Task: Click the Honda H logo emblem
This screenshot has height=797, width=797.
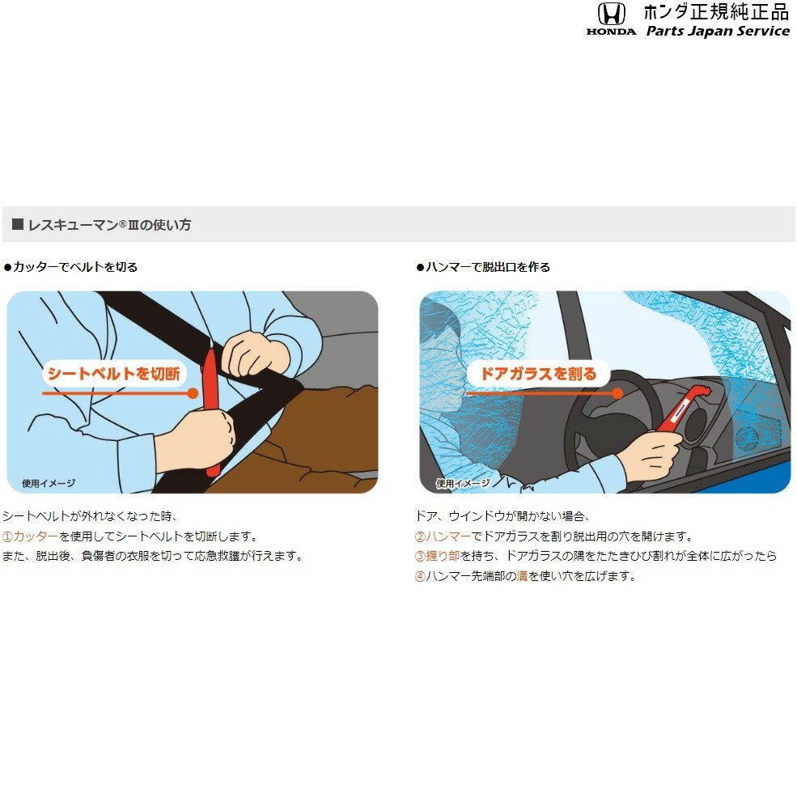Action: [x=611, y=14]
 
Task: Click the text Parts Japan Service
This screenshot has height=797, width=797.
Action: [x=718, y=31]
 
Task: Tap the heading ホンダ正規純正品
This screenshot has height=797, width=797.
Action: [x=716, y=11]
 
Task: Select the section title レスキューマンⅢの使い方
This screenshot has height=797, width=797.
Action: [x=108, y=225]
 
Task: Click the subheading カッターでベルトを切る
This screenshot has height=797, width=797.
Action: [x=75, y=267]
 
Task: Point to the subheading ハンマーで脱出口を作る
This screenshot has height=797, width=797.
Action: [x=487, y=267]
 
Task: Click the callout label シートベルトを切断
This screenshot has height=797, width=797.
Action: [x=114, y=374]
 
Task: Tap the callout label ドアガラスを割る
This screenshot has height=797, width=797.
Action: [x=538, y=374]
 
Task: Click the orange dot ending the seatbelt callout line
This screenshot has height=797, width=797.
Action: [x=193, y=393]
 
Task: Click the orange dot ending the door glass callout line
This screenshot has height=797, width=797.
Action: [x=617, y=393]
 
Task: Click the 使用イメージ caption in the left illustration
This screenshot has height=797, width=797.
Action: [x=49, y=483]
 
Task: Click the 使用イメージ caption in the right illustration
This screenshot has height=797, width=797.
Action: [x=463, y=483]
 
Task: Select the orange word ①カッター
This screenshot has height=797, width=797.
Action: [x=31, y=536]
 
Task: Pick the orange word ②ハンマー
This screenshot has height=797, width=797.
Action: [x=443, y=536]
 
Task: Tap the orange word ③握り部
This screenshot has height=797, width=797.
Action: [x=437, y=556]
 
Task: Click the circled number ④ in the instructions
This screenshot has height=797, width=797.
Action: [x=421, y=576]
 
